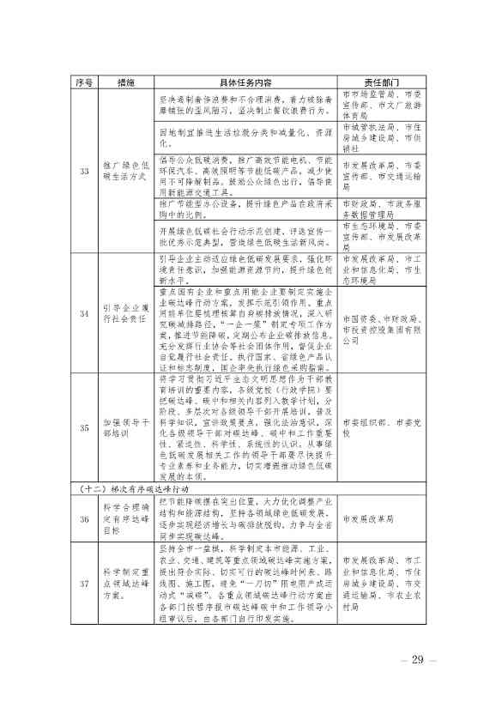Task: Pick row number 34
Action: click(83, 314)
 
